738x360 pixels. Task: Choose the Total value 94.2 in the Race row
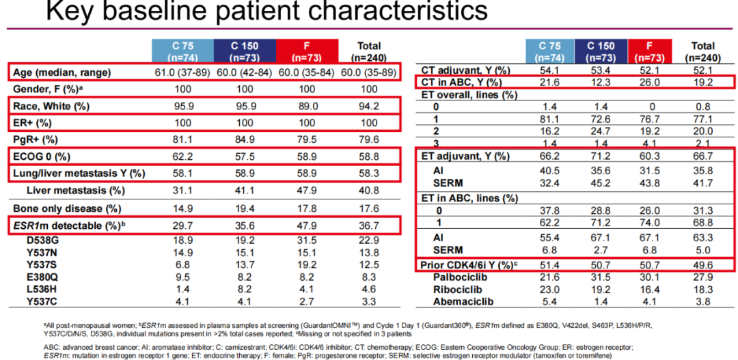[368, 107]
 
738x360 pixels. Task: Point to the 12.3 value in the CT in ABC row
[605, 83]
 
